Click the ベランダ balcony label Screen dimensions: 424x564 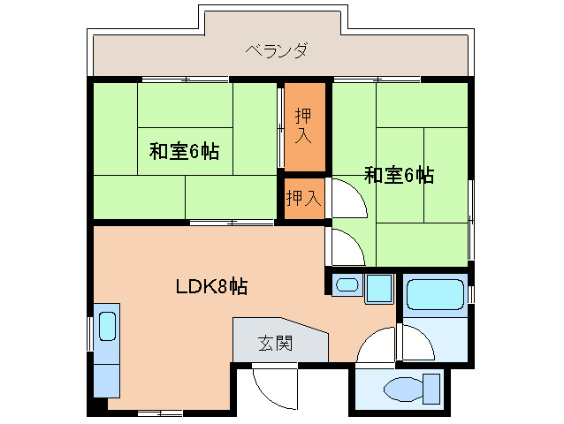pyautogui.click(x=277, y=49)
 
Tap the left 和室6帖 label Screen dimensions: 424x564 pyautogui.click(x=184, y=151)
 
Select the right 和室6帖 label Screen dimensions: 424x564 pyautogui.click(x=399, y=175)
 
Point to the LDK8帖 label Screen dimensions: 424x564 pyautogui.click(x=210, y=286)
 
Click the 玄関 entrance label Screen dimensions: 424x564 pyautogui.click(x=274, y=341)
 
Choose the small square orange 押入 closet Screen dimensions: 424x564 pyautogui.click(x=302, y=198)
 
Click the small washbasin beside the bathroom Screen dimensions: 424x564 pyautogui.click(x=347, y=285)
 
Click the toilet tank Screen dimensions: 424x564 pyautogui.click(x=431, y=387)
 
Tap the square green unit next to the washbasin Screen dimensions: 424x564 pyautogui.click(x=378, y=288)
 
